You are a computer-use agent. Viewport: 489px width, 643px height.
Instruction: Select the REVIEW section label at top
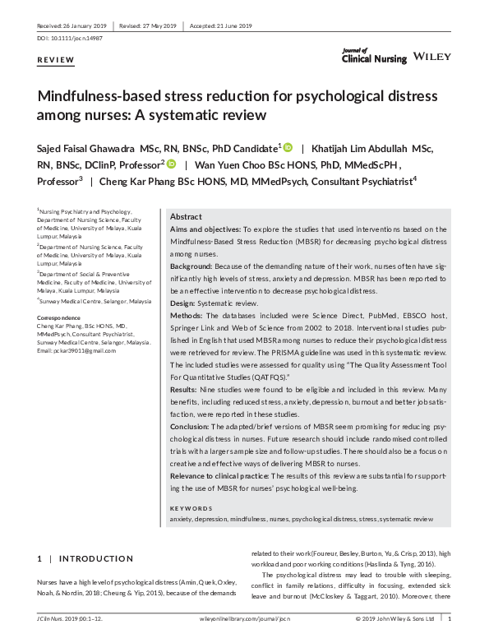click(x=56, y=61)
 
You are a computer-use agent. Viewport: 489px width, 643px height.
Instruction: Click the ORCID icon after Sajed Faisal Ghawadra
click(x=288, y=148)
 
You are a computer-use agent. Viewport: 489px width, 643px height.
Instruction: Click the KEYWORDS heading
click(x=190, y=508)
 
